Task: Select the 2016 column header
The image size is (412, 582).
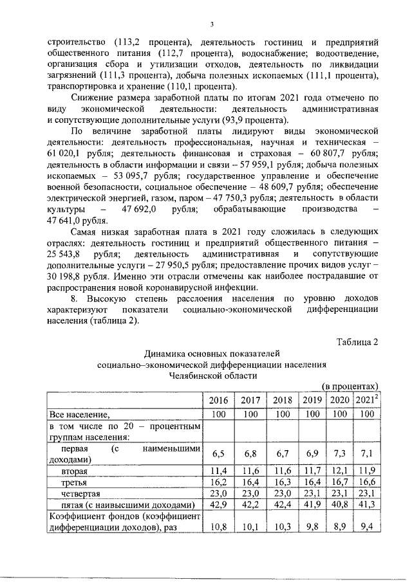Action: [219, 401]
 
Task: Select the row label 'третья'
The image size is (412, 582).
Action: [74, 484]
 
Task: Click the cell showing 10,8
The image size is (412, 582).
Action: [219, 528]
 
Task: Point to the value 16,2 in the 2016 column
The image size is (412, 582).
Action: [219, 484]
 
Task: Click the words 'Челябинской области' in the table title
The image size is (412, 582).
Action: [211, 376]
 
